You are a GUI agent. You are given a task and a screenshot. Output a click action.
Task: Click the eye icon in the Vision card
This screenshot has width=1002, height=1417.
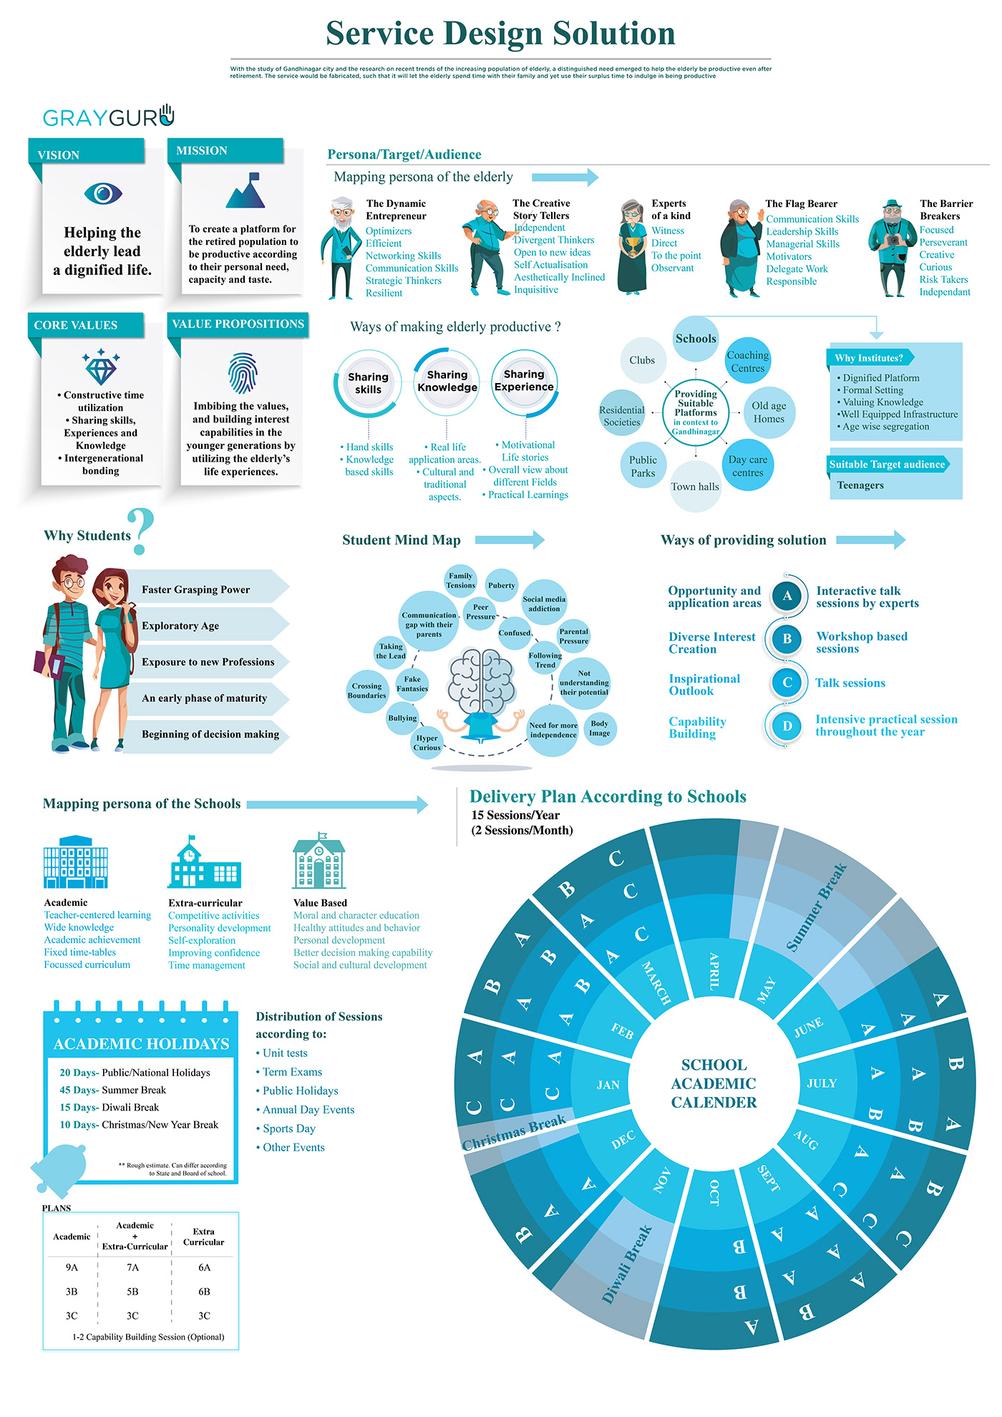pyautogui.click(x=103, y=193)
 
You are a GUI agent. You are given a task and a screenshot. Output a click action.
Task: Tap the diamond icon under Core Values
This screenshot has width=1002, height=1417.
pyautogui.click(x=100, y=367)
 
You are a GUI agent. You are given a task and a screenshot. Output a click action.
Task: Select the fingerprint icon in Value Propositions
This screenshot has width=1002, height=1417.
pyautogui.click(x=242, y=373)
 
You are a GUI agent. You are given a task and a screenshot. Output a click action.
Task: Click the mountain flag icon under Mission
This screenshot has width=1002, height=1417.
pyautogui.click(x=245, y=190)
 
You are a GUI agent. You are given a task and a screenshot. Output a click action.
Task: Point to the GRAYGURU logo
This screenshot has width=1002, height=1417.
pyautogui.click(x=108, y=116)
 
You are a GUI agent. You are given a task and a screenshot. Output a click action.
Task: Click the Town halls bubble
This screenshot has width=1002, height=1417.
pyautogui.click(x=695, y=487)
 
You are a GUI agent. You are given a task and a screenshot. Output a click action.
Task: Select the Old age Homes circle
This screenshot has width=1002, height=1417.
pyautogui.click(x=769, y=412)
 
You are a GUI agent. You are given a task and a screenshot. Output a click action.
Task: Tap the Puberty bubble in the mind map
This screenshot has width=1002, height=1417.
pyautogui.click(x=501, y=586)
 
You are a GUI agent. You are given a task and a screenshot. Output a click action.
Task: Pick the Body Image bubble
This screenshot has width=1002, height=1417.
pyautogui.click(x=600, y=729)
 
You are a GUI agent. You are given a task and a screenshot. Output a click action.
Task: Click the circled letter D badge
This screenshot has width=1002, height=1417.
pyautogui.click(x=787, y=726)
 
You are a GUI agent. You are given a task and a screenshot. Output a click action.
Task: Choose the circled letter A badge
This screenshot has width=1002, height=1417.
pyautogui.click(x=787, y=596)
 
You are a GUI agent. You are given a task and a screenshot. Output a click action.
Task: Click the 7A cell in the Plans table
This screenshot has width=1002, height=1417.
pyautogui.click(x=133, y=1267)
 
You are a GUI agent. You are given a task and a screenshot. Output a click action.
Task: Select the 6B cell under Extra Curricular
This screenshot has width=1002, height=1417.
pyautogui.click(x=204, y=1292)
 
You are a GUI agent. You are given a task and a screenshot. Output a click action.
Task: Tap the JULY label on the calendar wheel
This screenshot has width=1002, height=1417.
pyautogui.click(x=822, y=1083)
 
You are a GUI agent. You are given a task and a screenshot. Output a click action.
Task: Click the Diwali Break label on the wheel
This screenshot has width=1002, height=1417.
pyautogui.click(x=627, y=1264)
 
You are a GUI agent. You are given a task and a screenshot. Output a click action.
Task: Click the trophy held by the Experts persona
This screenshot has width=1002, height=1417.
pyautogui.click(x=633, y=245)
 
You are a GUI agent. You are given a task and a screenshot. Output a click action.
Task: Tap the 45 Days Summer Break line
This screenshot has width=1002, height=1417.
pyautogui.click(x=113, y=1090)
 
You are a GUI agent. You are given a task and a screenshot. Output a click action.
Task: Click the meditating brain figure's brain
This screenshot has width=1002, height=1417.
pyautogui.click(x=481, y=680)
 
